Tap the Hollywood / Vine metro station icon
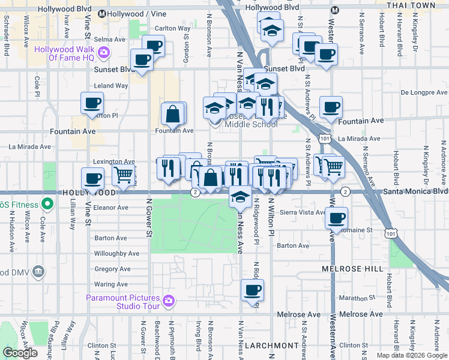pos(102,13)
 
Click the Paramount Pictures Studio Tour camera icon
pos(168,300)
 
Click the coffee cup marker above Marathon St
pos(252,291)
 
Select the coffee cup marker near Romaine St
pos(337,218)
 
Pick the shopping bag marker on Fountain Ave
pos(172,114)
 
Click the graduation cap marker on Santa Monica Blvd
pos(240,196)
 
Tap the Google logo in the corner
pos(20,353)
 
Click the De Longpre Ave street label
pos(424,92)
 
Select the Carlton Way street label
pos(172,28)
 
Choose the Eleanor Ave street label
pos(111,208)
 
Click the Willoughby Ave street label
pos(116,254)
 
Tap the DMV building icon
pos(39,272)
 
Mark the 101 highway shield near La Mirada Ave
pos(324,139)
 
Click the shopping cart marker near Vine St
pos(124,176)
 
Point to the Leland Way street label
pos(111,86)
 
